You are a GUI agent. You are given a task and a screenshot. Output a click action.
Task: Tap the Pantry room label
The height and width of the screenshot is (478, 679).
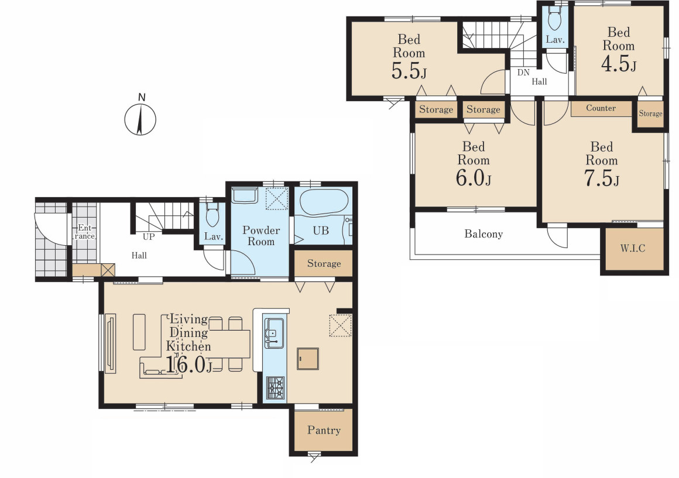(324, 430)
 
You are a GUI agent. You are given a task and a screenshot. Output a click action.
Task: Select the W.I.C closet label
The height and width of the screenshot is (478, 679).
(633, 248)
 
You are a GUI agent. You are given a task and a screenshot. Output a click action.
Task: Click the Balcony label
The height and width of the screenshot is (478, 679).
(483, 234)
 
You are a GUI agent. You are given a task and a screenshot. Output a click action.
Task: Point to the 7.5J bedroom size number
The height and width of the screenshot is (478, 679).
(602, 178)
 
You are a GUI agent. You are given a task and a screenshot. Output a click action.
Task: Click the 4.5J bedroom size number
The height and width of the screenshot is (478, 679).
(619, 63)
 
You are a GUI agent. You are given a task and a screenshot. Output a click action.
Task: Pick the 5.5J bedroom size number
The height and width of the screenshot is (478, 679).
(409, 71)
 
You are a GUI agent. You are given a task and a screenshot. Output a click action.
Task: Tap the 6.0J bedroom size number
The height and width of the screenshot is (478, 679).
(474, 177)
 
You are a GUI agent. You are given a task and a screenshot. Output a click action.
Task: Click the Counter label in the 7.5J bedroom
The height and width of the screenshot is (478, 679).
(601, 108)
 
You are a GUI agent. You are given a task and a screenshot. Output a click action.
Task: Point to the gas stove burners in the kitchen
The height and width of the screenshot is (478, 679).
(275, 387)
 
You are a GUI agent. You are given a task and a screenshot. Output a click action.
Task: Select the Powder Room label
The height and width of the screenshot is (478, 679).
(260, 236)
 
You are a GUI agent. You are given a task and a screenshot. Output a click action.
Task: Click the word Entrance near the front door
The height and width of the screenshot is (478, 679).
(84, 232)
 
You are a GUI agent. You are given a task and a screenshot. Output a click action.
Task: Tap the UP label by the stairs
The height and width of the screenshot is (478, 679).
(149, 237)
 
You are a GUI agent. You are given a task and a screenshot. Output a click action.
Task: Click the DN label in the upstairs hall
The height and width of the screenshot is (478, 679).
(523, 73)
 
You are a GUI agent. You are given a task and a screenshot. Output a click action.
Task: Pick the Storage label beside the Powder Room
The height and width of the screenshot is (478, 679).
(324, 263)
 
